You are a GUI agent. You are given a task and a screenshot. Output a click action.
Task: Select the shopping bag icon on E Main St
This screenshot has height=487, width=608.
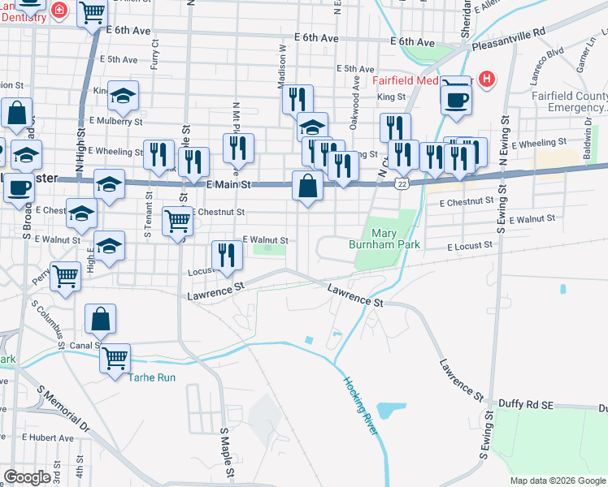308,187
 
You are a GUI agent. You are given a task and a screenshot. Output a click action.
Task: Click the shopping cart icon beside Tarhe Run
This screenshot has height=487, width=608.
115,356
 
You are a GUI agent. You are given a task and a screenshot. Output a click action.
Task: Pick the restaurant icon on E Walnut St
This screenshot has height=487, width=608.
227,256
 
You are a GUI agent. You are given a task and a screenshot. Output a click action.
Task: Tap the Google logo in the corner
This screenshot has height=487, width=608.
27,477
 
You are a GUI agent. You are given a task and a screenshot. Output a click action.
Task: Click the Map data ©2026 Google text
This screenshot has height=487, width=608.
558,481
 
